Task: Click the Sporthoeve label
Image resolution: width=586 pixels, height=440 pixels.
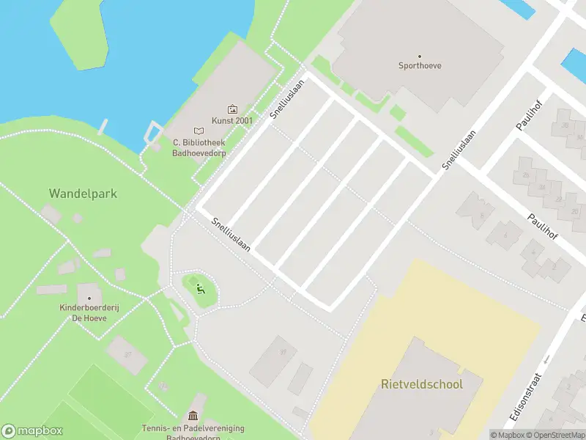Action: coord(420,66)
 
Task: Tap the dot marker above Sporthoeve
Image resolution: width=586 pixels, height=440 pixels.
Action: coord(420,56)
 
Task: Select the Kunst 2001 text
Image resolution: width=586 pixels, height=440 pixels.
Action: coord(232,120)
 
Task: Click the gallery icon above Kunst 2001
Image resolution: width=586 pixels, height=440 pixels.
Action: coord(233,109)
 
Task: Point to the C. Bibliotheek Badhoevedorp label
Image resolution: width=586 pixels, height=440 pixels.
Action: coord(199,148)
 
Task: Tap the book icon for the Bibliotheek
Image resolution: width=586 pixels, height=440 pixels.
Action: coord(199,131)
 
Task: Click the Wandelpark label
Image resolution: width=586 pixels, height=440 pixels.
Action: coord(83,194)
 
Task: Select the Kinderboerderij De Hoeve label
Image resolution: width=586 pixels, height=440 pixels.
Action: coord(89,314)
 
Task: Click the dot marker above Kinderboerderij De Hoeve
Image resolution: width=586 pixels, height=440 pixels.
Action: coord(89,298)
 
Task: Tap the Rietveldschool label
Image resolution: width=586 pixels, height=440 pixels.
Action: coord(421,384)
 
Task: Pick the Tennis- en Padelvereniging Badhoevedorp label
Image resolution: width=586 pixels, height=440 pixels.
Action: coord(193,433)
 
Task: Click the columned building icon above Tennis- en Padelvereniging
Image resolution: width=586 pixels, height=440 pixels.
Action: coord(193,417)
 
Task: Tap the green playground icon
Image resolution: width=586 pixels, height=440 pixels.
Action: coord(200,287)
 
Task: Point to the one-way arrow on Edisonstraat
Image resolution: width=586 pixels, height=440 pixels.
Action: coord(546,359)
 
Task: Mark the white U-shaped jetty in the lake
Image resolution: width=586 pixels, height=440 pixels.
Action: coord(152,132)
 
